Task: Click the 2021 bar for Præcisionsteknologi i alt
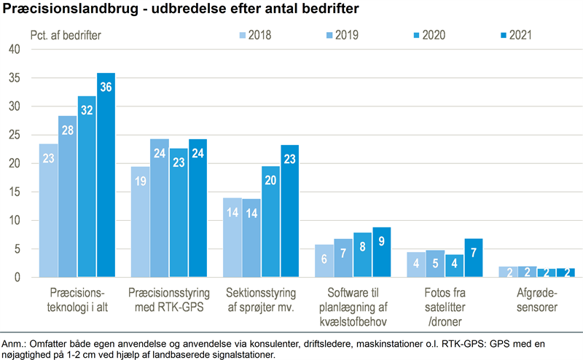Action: point(106,175)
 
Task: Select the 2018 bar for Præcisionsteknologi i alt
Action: point(49,211)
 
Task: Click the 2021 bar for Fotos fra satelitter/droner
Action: point(473,258)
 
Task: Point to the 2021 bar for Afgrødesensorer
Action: point(565,273)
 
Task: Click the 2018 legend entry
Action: point(256,34)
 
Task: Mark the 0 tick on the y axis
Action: point(17,278)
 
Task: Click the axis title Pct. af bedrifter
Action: point(66,34)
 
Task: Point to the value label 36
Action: point(106,87)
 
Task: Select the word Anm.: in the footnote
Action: point(15,343)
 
